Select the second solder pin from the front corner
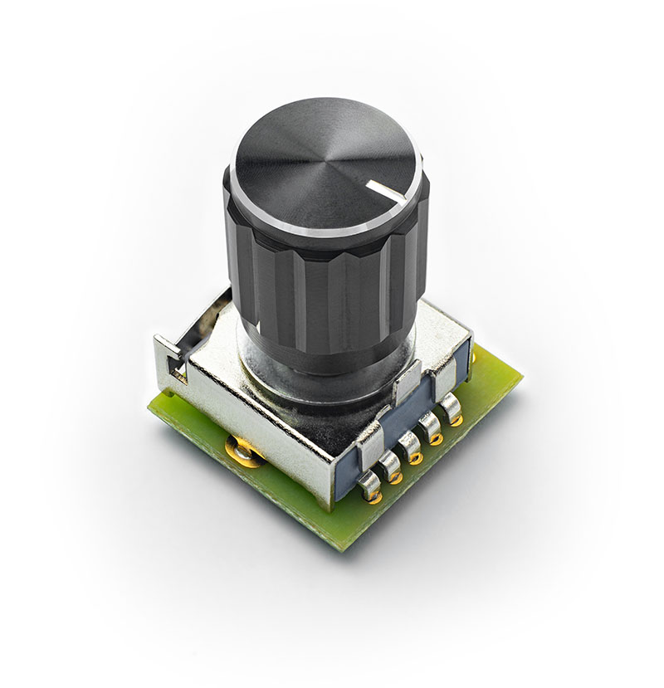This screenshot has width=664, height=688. point(391,470)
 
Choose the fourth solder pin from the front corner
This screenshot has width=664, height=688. point(431,430)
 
